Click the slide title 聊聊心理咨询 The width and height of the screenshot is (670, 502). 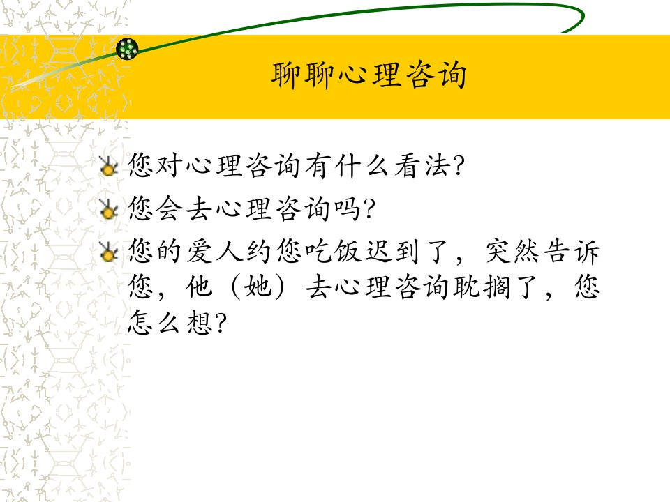pyautogui.click(x=368, y=75)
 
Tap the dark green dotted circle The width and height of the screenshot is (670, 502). pyautogui.click(x=127, y=49)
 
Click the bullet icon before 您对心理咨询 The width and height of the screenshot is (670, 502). pyautogui.click(x=109, y=166)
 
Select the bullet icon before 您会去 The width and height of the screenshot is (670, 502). pyautogui.click(x=109, y=208)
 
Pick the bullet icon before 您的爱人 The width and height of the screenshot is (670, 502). pyautogui.click(x=109, y=252)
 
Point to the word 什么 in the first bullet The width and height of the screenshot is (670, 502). pyautogui.click(x=362, y=166)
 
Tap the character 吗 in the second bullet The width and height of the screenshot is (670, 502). pyautogui.click(x=347, y=208)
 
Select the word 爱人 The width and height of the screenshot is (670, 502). pyautogui.click(x=214, y=251)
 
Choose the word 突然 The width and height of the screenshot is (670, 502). pyautogui.click(x=512, y=251)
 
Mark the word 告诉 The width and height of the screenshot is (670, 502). pyautogui.click(x=572, y=251)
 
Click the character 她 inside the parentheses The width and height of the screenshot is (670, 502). pyautogui.click(x=258, y=287)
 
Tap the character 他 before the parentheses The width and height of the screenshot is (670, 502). pyautogui.click(x=199, y=287)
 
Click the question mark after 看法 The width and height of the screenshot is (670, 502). pyautogui.click(x=458, y=167)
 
